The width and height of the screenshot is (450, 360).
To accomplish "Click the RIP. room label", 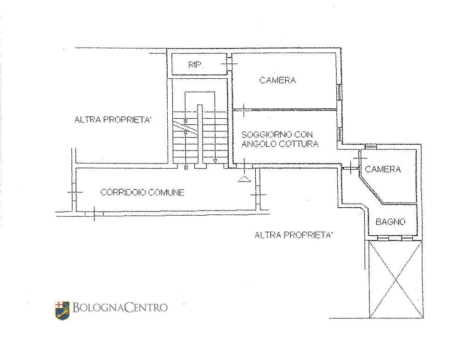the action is pyautogui.click(x=195, y=65).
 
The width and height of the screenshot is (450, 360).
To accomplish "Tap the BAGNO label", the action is pyautogui.click(x=390, y=222).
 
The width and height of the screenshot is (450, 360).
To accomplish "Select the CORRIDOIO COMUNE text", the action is pyautogui.click(x=143, y=192).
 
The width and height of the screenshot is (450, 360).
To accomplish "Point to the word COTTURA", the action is pyautogui.click(x=299, y=144).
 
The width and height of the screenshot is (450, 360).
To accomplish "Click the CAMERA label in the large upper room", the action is pyautogui.click(x=278, y=80).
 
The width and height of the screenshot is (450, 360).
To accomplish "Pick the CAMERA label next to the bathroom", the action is pyautogui.click(x=383, y=169).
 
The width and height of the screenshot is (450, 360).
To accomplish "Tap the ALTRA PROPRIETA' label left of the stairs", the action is pyautogui.click(x=113, y=120).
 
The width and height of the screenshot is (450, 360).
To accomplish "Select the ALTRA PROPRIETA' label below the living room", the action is pyautogui.click(x=293, y=235).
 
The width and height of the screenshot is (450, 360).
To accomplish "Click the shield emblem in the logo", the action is pyautogui.click(x=62, y=310).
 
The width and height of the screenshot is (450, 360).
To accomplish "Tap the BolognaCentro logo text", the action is pyautogui.click(x=120, y=307).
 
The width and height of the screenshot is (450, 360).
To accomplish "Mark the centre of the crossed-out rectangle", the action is pyautogui.click(x=396, y=279).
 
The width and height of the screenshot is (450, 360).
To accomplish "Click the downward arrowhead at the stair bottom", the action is pyautogui.click(x=215, y=161).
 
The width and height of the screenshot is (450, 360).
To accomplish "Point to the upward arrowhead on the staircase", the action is pyautogui.click(x=186, y=132).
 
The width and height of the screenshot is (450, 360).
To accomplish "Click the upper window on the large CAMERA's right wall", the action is pyautogui.click(x=339, y=92).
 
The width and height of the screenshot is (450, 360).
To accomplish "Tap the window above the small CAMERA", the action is pyautogui.click(x=371, y=147).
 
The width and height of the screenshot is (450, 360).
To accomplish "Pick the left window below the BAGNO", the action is pyautogui.click(x=383, y=238).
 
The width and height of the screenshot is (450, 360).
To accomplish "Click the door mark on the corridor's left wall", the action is pyautogui.click(x=75, y=192).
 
